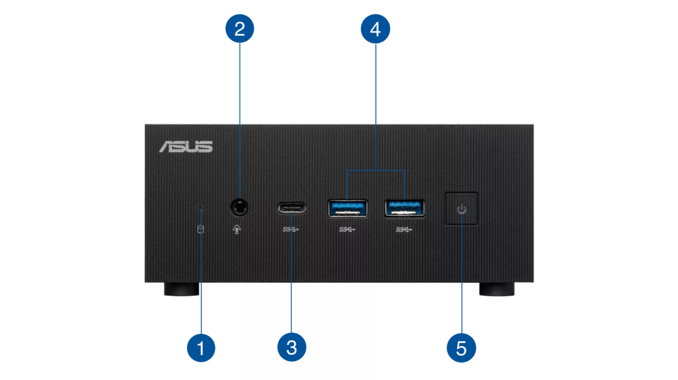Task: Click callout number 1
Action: pyautogui.click(x=201, y=347)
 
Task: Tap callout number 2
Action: pyautogui.click(x=239, y=29)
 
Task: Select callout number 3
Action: pyautogui.click(x=291, y=347)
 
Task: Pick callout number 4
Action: pyautogui.click(x=375, y=29)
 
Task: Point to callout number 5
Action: pyautogui.click(x=461, y=347)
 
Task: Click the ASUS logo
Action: pyautogui.click(x=186, y=147)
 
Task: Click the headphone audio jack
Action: pyautogui.click(x=239, y=206)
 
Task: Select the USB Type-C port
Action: pyautogui.click(x=291, y=208)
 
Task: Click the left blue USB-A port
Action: pyautogui.click(x=347, y=208)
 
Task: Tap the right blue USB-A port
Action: pyautogui.click(x=405, y=208)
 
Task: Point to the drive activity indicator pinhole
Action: pyautogui.click(x=201, y=206)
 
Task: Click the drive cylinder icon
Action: pyautogui.click(x=201, y=230)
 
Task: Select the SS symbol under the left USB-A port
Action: pyautogui.click(x=347, y=230)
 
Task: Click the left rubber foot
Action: pyautogui.click(x=181, y=290)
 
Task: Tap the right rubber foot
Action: pyautogui.click(x=497, y=290)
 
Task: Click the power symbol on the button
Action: pyautogui.click(x=461, y=209)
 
